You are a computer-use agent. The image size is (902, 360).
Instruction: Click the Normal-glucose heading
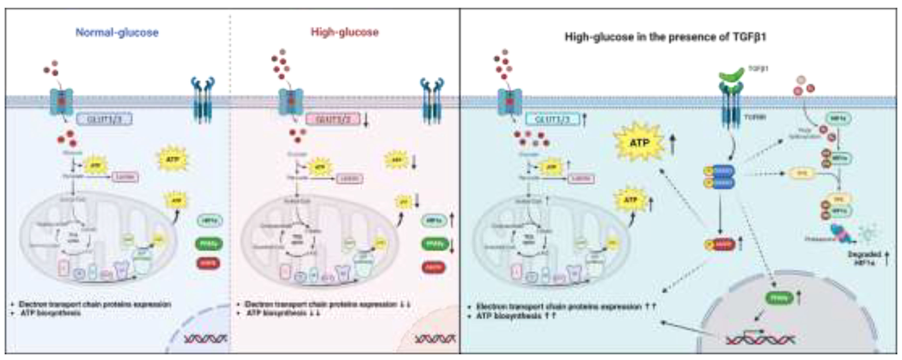(117, 33)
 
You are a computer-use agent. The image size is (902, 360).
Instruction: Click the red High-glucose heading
(345, 32)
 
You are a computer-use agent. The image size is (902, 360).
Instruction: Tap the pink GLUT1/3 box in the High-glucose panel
(333, 120)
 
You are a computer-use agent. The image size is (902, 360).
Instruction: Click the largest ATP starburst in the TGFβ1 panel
(639, 143)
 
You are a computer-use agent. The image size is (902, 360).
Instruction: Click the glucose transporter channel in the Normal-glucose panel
(62, 102)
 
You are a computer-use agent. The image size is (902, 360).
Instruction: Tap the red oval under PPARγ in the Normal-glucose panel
(208, 263)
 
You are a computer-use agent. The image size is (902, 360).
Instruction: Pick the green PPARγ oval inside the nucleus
(779, 298)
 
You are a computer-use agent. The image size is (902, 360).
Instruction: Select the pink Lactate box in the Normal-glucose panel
(125, 178)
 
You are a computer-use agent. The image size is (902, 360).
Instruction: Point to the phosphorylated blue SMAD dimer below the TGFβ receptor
(719, 177)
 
